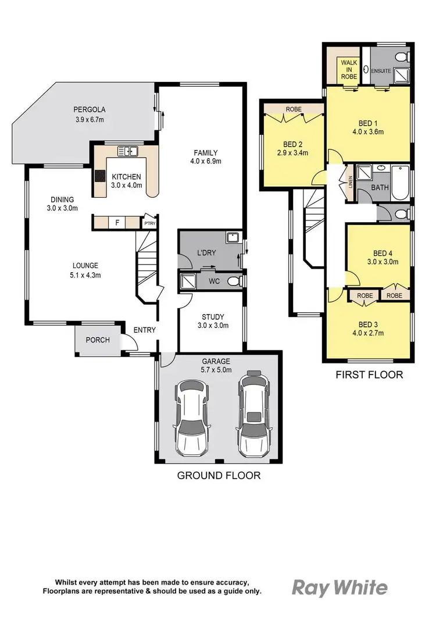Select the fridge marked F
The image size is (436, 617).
tap(117, 222)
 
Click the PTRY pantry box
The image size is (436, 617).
tap(149, 222)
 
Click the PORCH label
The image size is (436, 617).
tap(98, 340)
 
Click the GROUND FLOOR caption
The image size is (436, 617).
tap(219, 475)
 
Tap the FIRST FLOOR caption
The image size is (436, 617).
tap(369, 375)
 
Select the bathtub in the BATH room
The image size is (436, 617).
tap(401, 181)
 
